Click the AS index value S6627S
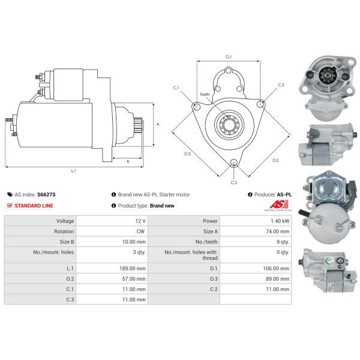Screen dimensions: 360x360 coord(46,194)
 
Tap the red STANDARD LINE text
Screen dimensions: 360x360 coord(34,206)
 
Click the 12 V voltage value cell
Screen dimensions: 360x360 coord(140,221)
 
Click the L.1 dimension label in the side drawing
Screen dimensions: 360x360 coord(73,170)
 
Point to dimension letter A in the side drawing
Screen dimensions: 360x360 coord(158,124)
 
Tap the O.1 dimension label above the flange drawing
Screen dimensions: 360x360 coord(228,57)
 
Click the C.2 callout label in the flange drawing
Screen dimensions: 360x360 coord(281,85)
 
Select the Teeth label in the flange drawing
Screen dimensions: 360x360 coord(205,95)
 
